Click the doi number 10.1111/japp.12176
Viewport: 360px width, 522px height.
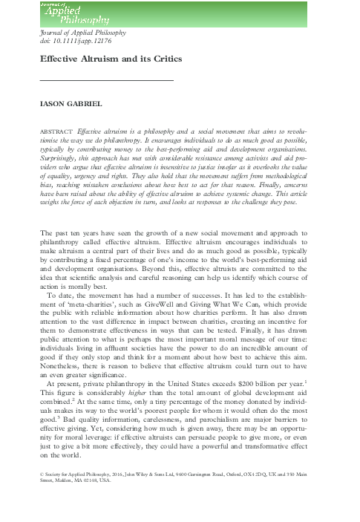[75, 43]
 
